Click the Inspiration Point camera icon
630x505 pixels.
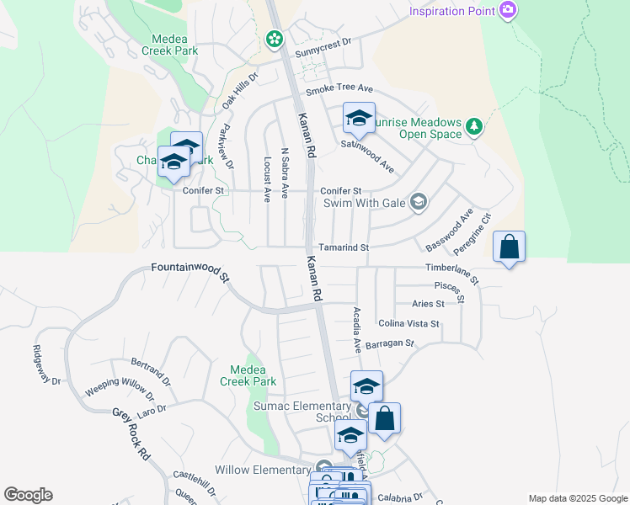click(508, 11)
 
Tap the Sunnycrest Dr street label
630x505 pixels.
click(322, 53)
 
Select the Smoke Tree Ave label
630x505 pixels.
click(339, 88)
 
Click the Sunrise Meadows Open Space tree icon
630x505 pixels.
click(474, 127)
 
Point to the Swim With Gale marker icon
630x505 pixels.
click(418, 201)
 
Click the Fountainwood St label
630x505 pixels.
click(190, 270)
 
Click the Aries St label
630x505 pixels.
click(428, 304)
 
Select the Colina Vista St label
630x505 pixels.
click(408, 323)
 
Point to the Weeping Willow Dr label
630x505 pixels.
click(120, 392)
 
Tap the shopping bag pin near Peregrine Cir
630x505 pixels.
click(509, 247)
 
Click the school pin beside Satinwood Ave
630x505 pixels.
click(359, 118)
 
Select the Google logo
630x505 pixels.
click(28, 495)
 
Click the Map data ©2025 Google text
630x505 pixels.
click(577, 498)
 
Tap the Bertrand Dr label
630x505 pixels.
click(151, 370)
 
